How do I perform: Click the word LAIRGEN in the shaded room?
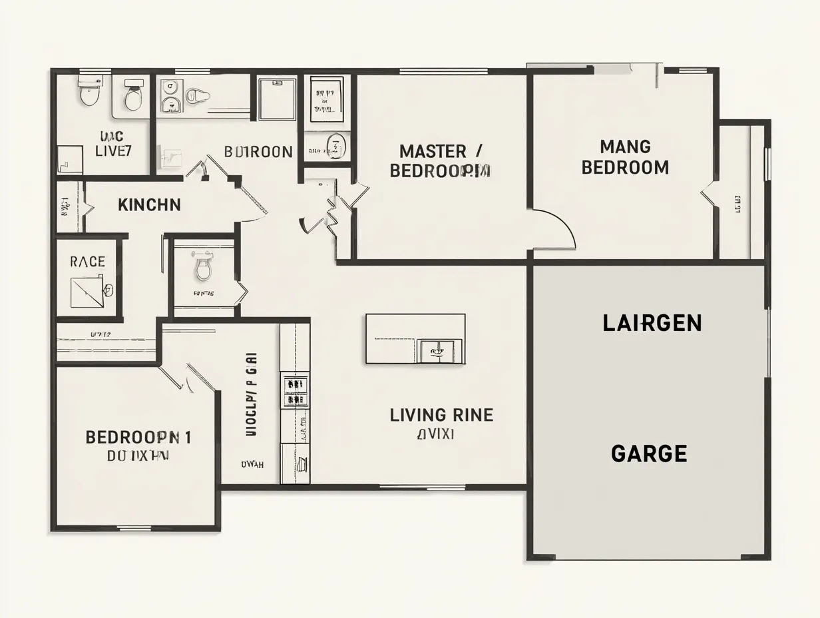pos(652,324)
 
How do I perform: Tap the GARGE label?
pos(649,454)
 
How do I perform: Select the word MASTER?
pos(433,151)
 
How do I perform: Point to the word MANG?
pos(625,147)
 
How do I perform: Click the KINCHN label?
pos(149,205)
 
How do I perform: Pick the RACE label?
pos(87,262)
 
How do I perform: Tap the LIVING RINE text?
pos(441,416)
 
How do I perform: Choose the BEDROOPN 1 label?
pos(138,438)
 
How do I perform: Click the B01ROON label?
pos(258,152)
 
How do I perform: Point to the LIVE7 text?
pos(113,151)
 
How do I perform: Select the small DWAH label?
pos(252,465)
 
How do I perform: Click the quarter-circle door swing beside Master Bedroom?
pos(556,228)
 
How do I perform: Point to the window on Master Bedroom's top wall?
pos(443,71)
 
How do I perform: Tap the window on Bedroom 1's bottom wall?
pos(135,529)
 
